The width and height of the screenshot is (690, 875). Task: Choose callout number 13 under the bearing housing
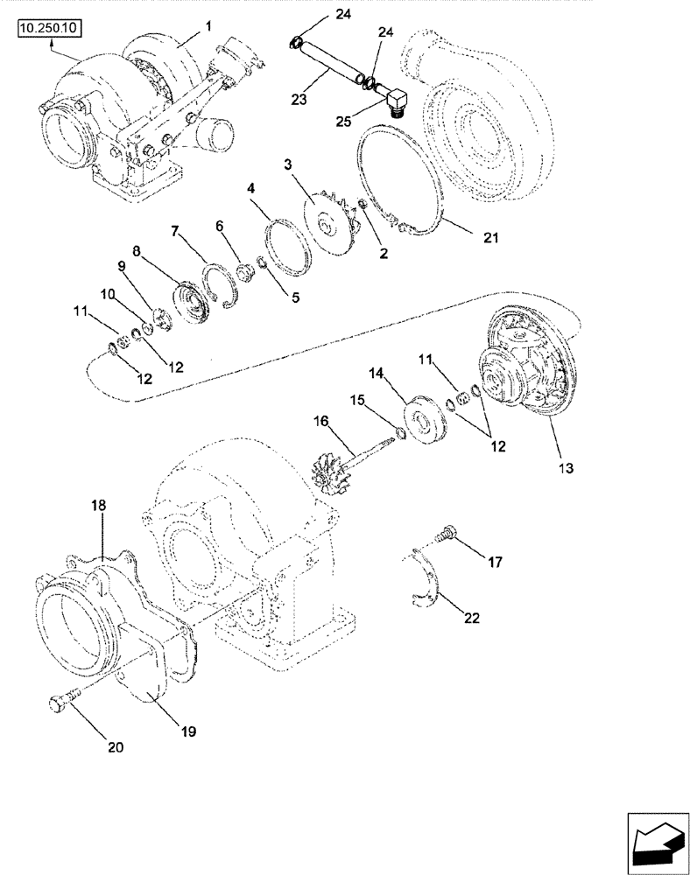click(566, 469)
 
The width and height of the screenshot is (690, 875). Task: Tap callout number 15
click(356, 400)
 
